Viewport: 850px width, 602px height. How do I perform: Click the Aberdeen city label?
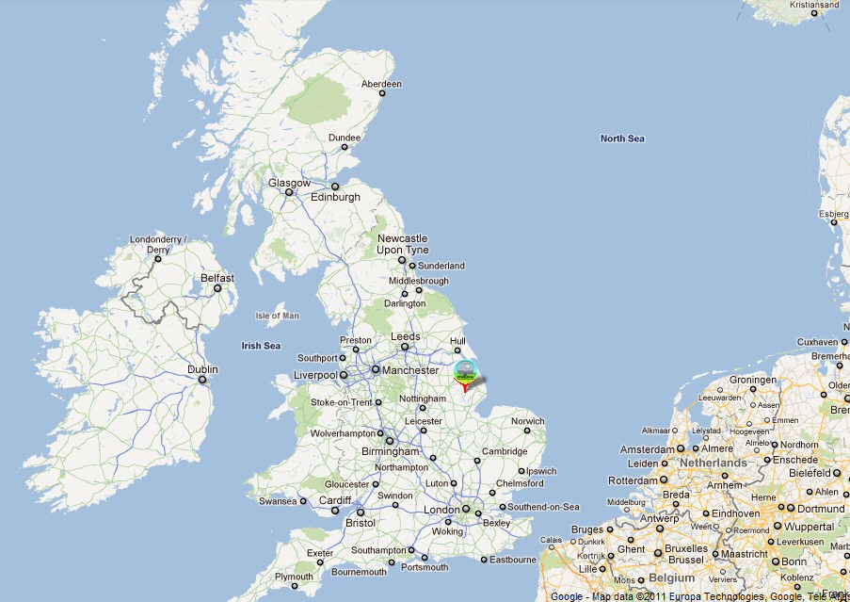tap(382, 84)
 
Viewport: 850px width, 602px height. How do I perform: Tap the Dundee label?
tap(345, 138)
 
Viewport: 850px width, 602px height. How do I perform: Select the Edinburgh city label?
tap(336, 197)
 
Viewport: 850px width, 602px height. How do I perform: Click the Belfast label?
tap(217, 278)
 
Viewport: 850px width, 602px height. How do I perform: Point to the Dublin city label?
tap(202, 369)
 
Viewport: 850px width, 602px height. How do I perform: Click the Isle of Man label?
tap(277, 316)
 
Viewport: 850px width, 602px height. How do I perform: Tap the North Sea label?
tap(622, 138)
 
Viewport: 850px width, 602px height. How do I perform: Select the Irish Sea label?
tap(261, 346)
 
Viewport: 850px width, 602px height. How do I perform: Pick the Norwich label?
tap(527, 421)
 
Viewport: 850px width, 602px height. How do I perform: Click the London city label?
tap(441, 510)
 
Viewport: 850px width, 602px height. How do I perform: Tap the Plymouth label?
tap(294, 577)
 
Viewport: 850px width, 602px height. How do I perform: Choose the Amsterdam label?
tap(645, 450)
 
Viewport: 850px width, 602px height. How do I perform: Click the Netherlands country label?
tap(714, 463)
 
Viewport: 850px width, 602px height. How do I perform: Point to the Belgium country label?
tap(671, 577)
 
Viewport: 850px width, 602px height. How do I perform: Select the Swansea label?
tap(278, 501)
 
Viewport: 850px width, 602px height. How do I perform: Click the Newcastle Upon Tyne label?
tap(402, 244)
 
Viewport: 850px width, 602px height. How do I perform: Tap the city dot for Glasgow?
tap(289, 193)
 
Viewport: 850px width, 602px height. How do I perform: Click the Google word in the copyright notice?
tap(567, 596)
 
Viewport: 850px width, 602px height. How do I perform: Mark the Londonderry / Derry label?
tap(158, 244)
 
